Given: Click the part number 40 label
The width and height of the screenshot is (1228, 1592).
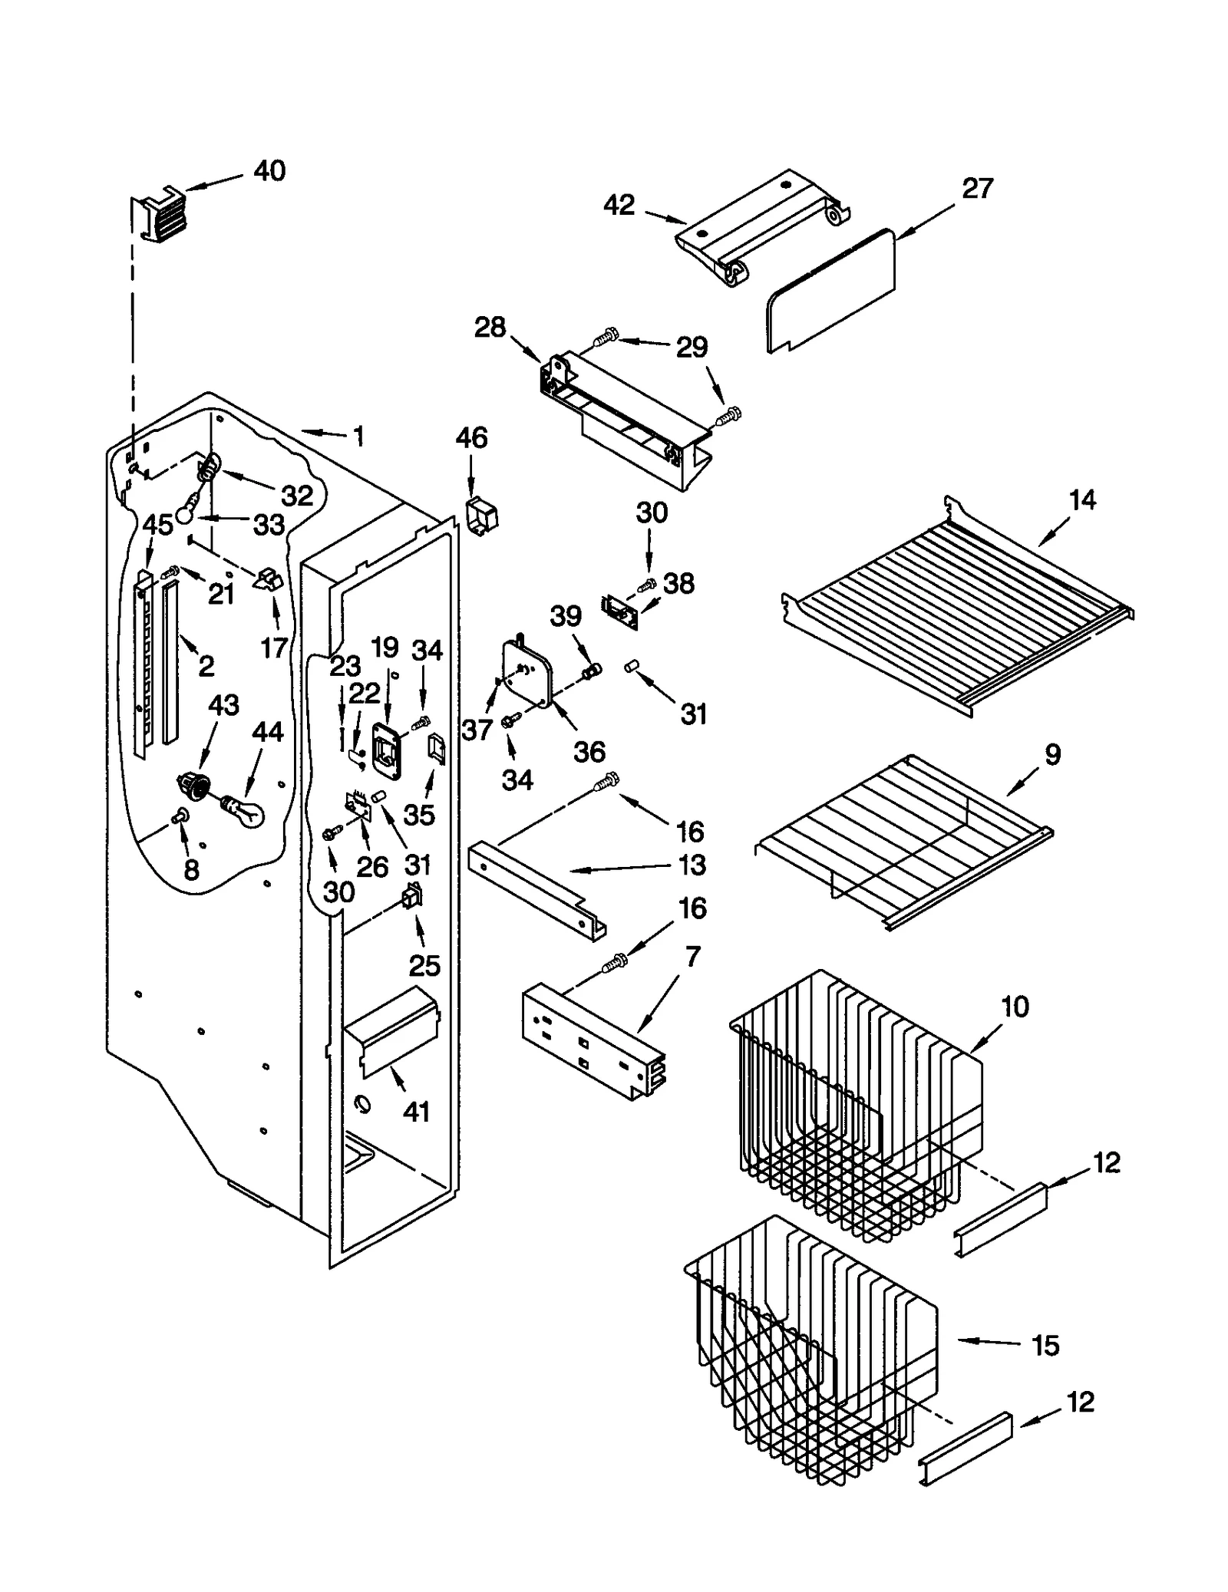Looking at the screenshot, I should [269, 170].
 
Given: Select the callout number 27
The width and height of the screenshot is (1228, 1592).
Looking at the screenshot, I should [977, 189].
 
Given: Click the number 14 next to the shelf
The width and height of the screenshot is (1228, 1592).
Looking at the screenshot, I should [1082, 500].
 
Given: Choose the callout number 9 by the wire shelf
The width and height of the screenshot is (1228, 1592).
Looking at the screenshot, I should [1052, 754].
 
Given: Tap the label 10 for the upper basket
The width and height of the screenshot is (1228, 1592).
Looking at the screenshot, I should [1015, 1007].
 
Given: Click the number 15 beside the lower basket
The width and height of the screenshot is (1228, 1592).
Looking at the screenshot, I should [1045, 1345].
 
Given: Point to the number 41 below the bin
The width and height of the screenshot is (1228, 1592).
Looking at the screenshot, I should [416, 1112].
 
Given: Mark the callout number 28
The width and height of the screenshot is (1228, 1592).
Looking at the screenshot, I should [490, 328].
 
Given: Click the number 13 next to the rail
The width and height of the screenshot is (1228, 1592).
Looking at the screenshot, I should [692, 865].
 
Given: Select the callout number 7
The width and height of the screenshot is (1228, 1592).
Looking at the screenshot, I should [692, 957].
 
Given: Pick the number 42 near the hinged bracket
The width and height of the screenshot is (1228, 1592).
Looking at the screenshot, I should [619, 205].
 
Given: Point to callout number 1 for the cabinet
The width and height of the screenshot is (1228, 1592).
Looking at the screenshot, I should [358, 437].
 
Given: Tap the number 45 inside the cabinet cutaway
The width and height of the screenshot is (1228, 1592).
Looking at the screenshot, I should [157, 525].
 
